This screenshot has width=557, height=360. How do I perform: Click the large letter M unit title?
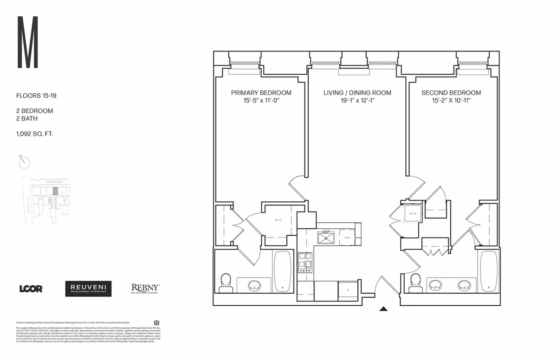(28, 43)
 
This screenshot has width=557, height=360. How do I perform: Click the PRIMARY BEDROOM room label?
(261, 93)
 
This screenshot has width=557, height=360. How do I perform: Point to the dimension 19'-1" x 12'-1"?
(357, 101)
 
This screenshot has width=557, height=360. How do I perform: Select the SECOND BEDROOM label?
(451, 93)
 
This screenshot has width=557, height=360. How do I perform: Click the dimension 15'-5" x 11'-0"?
(261, 101)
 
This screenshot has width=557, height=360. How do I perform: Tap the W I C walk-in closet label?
(278, 220)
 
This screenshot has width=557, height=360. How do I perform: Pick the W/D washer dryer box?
(412, 214)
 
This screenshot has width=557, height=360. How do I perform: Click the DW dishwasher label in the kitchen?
(347, 238)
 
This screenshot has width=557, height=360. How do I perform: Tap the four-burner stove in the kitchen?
(305, 261)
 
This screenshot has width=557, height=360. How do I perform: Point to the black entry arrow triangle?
(383, 309)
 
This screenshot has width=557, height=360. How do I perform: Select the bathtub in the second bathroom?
(489, 271)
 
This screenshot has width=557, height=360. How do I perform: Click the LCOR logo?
(31, 289)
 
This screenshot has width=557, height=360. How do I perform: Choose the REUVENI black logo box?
(88, 289)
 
